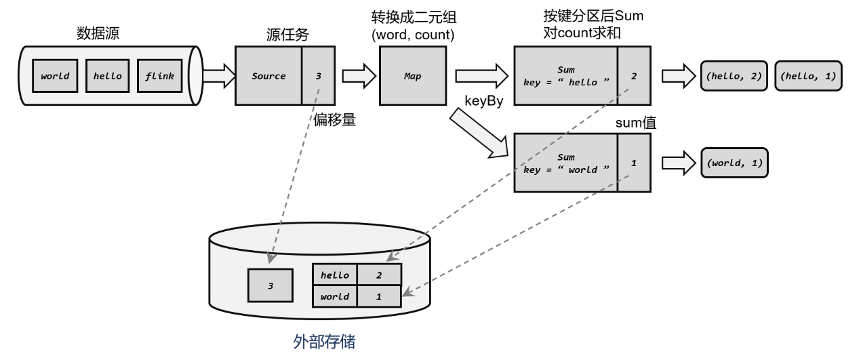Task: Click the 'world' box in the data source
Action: tap(55, 76)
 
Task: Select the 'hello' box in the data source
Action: tap(107, 76)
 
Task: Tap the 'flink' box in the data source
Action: tap(159, 76)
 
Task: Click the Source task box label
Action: tap(268, 76)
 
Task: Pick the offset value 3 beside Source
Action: tap(319, 76)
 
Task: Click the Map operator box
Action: tap(412, 76)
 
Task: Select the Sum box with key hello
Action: tap(565, 76)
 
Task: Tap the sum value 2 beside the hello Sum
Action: tap(634, 76)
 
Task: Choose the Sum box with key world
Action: tap(565, 163)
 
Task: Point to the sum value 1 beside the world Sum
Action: tap(634, 163)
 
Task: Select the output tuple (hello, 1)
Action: tap(807, 77)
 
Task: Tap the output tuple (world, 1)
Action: tap(735, 163)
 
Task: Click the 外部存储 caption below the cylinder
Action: tap(324, 341)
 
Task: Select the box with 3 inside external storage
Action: tap(271, 285)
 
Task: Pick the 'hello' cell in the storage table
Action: tap(334, 275)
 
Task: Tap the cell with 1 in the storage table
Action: tap(379, 296)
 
